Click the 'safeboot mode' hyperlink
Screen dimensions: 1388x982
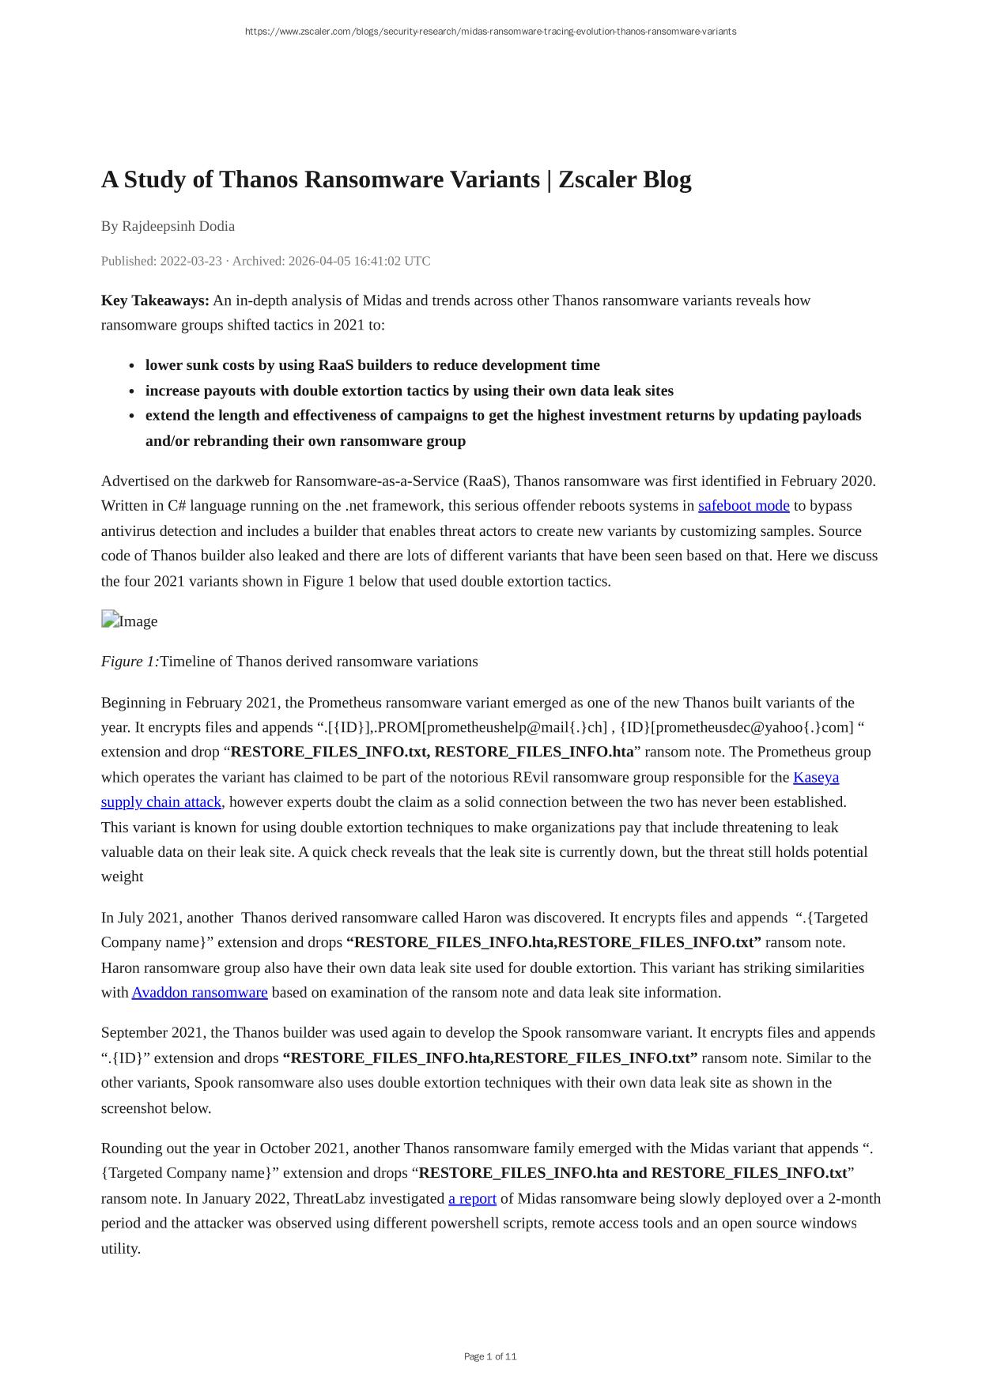pos(743,506)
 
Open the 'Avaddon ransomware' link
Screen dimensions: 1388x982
pos(199,993)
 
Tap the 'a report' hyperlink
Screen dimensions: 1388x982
pos(472,1198)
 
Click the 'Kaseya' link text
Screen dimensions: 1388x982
pos(816,777)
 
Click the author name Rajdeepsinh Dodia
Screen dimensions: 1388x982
pos(178,226)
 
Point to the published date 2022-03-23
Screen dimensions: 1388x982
pos(191,261)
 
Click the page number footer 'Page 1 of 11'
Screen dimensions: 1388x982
pos(490,1356)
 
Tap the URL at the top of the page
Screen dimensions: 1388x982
pos(490,32)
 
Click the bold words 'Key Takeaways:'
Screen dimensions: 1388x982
pos(155,300)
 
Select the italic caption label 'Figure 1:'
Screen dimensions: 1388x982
pos(130,662)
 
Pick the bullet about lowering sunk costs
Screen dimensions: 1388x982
pos(372,365)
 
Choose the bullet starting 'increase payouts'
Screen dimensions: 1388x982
pos(409,390)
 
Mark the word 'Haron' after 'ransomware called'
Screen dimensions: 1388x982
pos(482,918)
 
